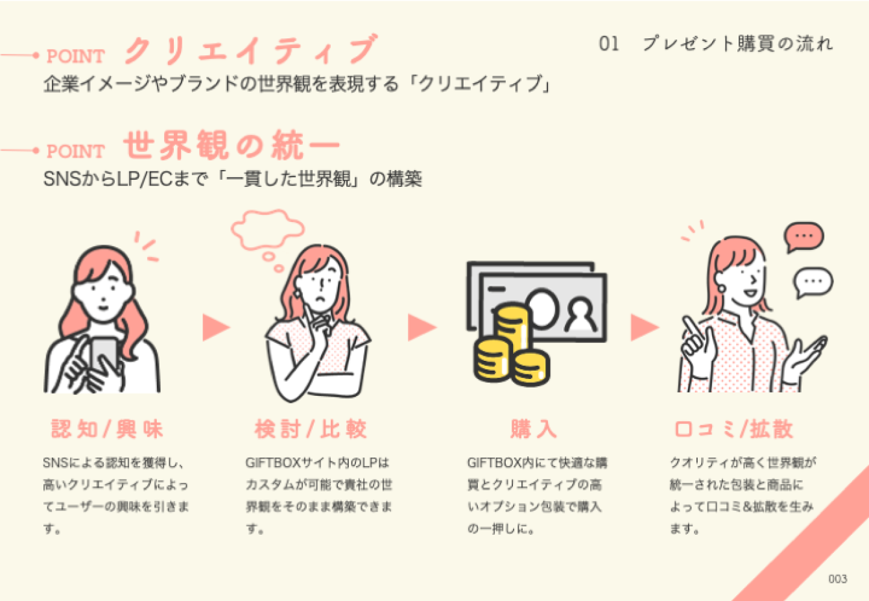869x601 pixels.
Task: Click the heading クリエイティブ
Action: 250,49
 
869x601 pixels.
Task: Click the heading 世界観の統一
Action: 231,145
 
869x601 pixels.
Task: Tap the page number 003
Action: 837,579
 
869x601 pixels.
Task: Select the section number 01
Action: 609,44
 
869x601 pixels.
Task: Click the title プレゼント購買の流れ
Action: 737,44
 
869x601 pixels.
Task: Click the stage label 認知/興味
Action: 107,429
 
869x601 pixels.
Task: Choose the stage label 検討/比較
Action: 311,429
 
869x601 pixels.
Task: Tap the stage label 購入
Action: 533,429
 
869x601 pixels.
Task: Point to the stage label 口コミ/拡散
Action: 733,429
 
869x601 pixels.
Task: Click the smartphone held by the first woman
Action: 103,354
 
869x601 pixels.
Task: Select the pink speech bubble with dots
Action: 804,236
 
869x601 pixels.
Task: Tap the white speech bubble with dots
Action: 813,282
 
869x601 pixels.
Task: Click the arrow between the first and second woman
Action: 215,327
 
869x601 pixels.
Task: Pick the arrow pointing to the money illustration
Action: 421,327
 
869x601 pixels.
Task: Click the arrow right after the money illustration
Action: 644,327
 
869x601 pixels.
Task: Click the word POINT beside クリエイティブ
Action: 75,56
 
